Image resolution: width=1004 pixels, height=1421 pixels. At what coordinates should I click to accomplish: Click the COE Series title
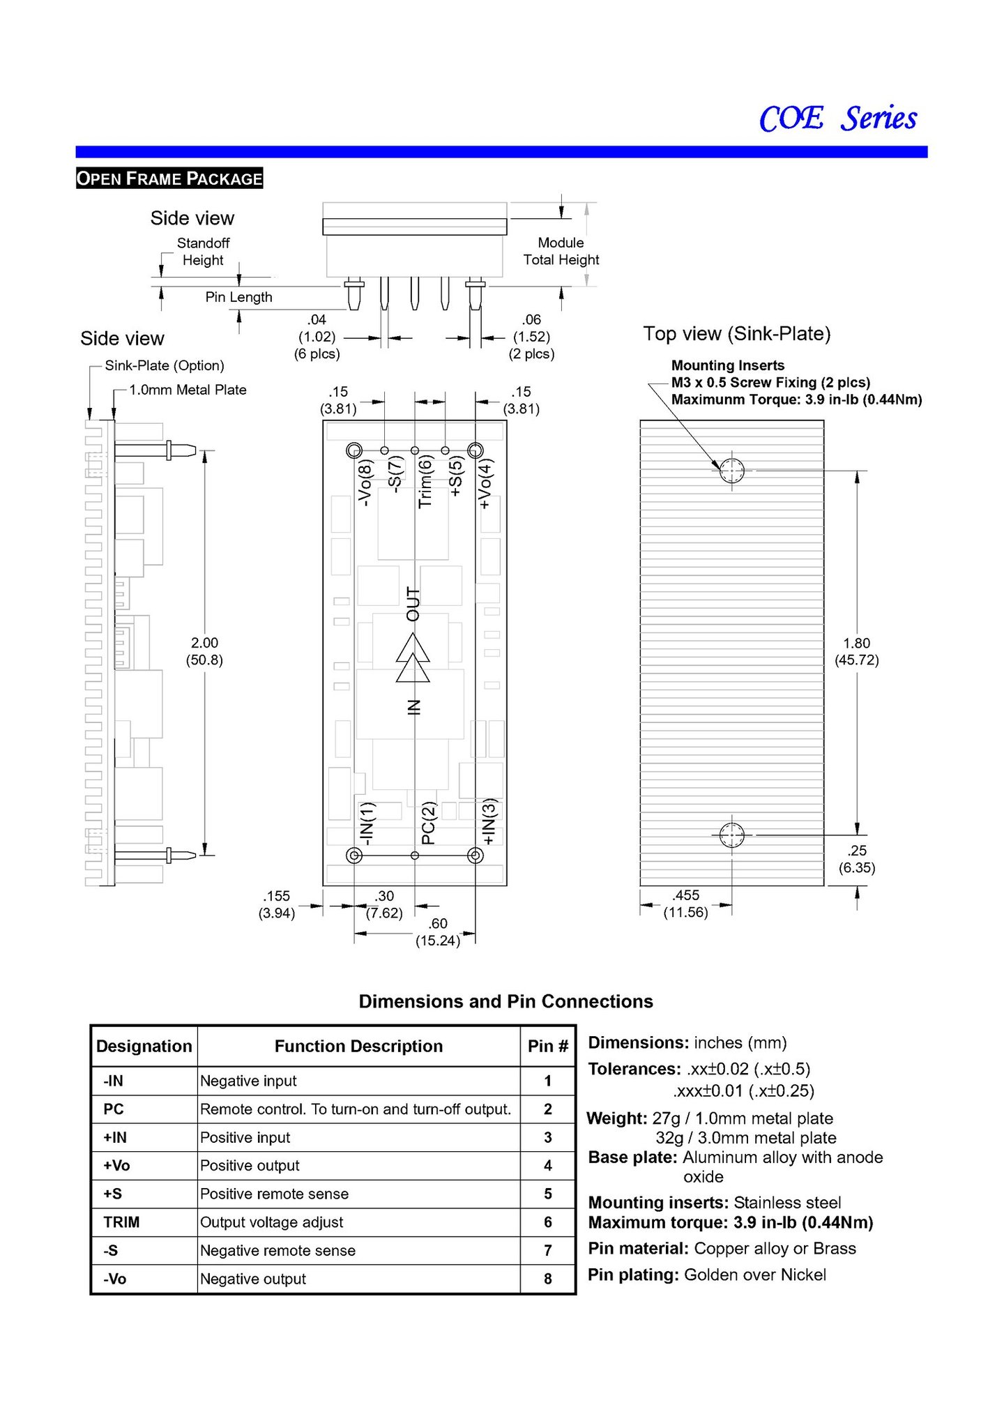(x=837, y=119)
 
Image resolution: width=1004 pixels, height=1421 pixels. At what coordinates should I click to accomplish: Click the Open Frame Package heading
(x=169, y=178)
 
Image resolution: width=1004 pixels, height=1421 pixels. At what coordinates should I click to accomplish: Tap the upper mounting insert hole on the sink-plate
(x=731, y=471)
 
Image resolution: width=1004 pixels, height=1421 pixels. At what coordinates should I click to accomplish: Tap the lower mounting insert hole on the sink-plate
(x=731, y=835)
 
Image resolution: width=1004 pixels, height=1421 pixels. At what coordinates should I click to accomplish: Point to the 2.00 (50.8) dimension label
(x=204, y=651)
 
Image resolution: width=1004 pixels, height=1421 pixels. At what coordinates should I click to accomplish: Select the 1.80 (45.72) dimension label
(x=856, y=651)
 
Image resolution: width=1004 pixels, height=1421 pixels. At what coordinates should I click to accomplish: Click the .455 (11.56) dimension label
(x=686, y=904)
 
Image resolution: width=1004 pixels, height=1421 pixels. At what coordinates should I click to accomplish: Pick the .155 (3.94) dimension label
(x=277, y=904)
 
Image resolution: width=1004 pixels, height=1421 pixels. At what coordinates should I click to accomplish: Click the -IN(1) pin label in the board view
(x=367, y=823)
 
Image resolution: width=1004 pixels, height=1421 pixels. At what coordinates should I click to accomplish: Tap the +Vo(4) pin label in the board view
(x=485, y=483)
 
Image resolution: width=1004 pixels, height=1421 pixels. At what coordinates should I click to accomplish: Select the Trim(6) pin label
(x=425, y=481)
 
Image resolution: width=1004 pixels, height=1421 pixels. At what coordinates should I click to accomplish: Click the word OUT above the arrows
(x=413, y=604)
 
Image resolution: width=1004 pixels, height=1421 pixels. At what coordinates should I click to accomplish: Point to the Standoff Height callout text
(x=203, y=252)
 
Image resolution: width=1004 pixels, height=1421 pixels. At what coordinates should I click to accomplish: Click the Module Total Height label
(x=561, y=251)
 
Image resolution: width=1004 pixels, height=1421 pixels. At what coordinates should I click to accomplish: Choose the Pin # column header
(x=548, y=1046)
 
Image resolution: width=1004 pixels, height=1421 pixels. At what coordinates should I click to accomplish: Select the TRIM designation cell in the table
(x=121, y=1222)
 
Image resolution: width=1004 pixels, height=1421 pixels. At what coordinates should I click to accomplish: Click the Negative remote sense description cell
(x=277, y=1251)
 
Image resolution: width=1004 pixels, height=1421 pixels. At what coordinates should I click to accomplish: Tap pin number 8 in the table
(x=548, y=1279)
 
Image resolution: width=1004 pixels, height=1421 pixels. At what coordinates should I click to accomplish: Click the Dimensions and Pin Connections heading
(x=505, y=1001)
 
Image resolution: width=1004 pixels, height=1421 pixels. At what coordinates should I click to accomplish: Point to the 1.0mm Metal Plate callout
(x=188, y=390)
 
